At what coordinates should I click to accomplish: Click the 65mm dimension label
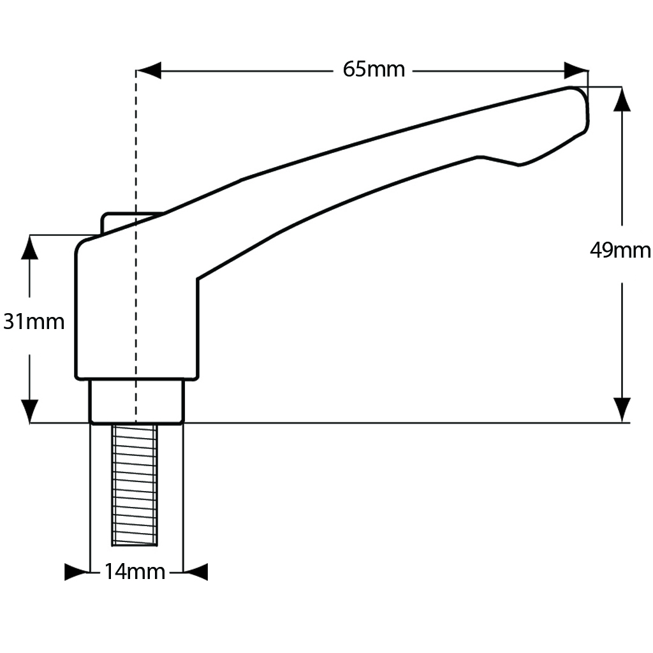(x=374, y=69)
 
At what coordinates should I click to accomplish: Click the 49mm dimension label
(x=620, y=251)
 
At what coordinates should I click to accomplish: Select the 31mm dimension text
(x=34, y=322)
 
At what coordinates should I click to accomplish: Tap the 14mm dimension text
(x=135, y=572)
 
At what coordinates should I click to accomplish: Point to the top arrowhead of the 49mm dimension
(x=622, y=99)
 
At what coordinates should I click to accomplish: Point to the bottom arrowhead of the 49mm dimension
(x=622, y=409)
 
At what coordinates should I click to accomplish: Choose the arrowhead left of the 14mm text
(x=77, y=572)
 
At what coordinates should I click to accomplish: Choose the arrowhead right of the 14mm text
(x=196, y=572)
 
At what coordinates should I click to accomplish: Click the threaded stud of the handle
(x=135, y=485)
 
